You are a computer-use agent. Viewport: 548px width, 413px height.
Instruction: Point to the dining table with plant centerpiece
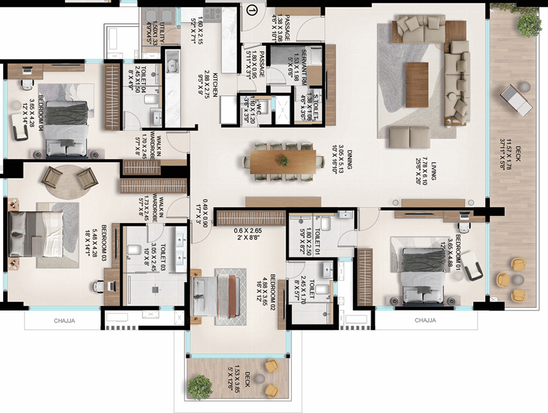(x=283, y=160)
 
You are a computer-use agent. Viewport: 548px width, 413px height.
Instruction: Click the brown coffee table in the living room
(x=417, y=85)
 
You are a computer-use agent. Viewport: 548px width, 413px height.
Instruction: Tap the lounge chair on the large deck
(x=515, y=100)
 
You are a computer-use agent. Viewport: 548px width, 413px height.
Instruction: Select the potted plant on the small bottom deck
(x=200, y=387)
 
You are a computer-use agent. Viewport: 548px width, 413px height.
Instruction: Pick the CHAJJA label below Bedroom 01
(x=425, y=320)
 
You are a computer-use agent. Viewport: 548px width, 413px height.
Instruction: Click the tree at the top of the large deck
(x=528, y=23)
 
